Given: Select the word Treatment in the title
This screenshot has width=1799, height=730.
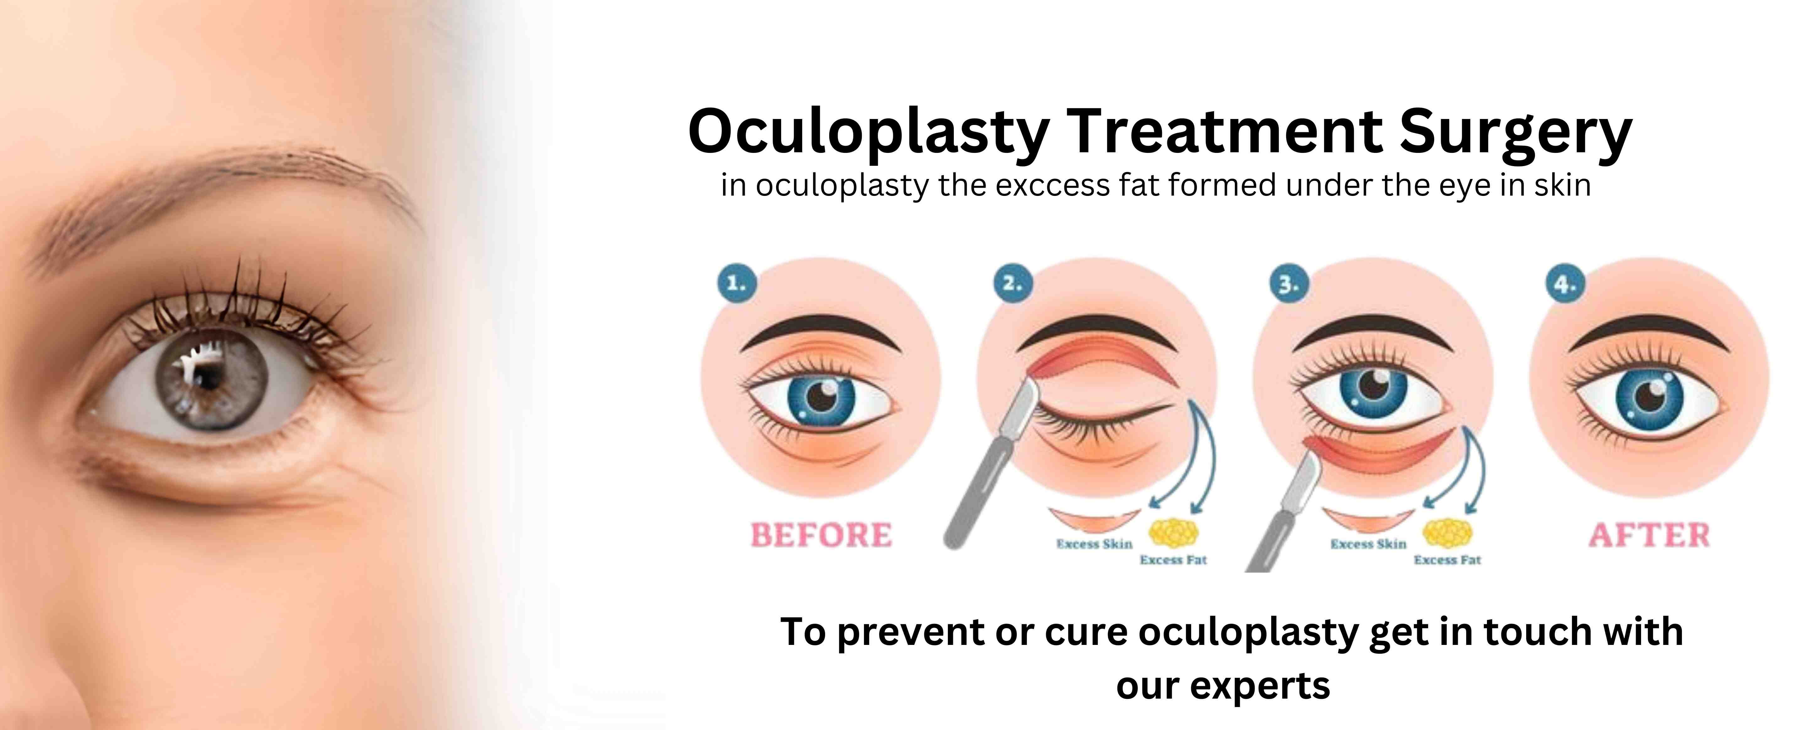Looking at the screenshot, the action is (1224, 131).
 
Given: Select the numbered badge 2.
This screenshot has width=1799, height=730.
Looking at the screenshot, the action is (1013, 283).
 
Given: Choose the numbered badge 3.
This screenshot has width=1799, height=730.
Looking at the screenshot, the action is (1288, 283).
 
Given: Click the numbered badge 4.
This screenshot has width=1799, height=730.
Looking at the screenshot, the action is (1565, 283).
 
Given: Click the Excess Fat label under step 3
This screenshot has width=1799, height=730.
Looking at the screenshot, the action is (1447, 560).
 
